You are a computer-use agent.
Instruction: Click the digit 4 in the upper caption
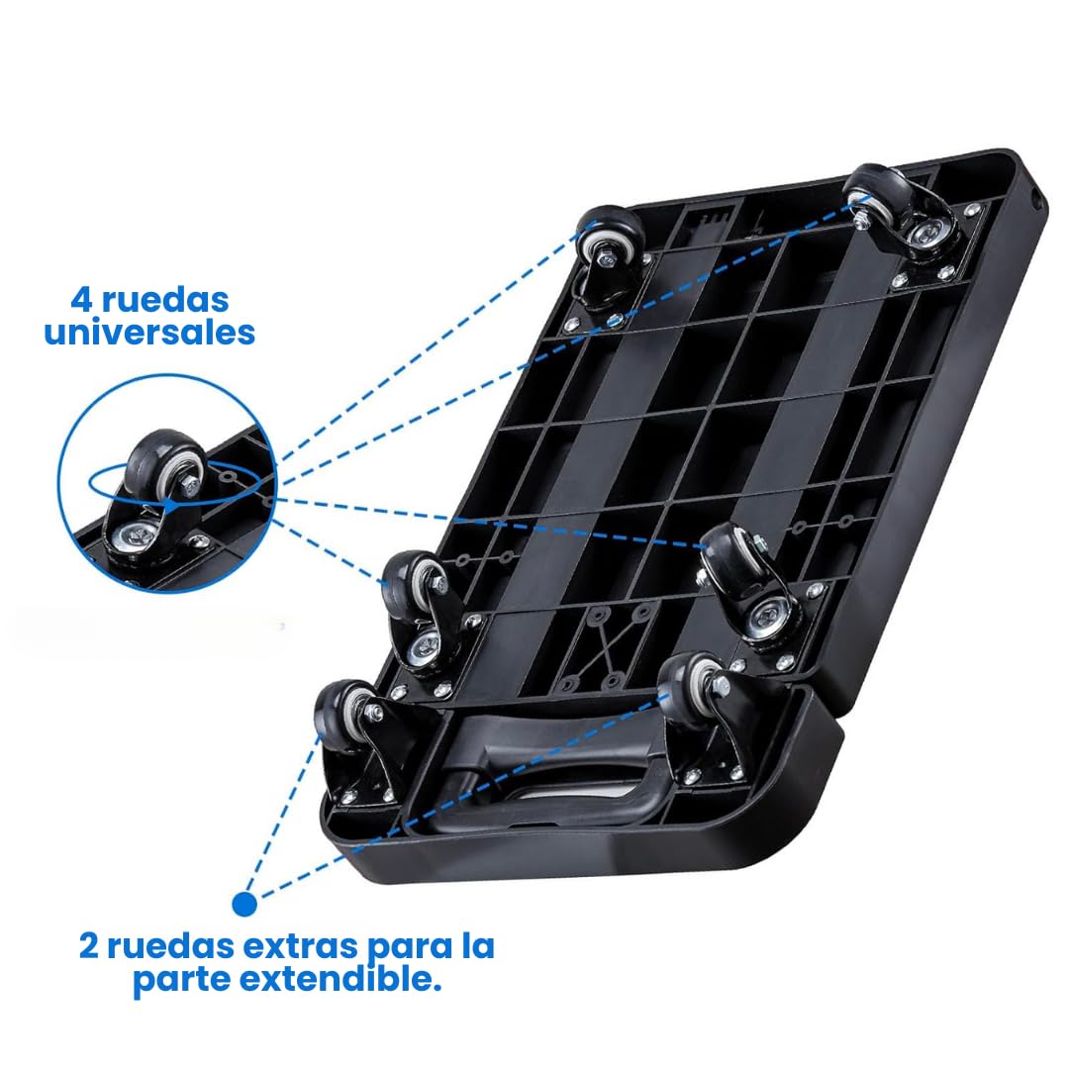pos(82,299)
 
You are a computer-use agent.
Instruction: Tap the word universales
pos(149,332)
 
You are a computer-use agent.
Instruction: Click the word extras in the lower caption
pos(300,946)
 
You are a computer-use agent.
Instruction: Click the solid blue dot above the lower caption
pos(244,904)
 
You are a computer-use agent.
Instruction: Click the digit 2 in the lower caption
pos(89,946)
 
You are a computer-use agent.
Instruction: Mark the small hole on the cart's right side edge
pos(1037,200)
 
